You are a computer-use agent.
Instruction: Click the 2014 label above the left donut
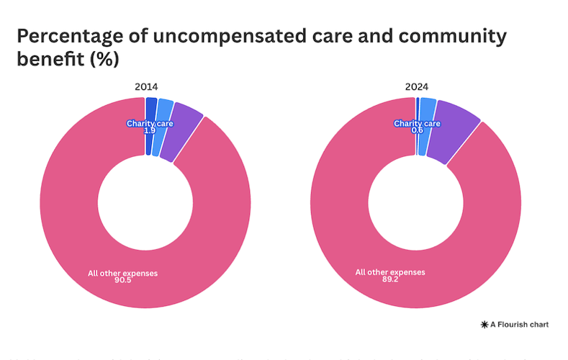click(145, 87)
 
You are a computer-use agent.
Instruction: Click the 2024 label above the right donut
click(416, 87)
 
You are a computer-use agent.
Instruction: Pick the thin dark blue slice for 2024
click(418, 108)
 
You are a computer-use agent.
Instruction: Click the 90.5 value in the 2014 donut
click(122, 281)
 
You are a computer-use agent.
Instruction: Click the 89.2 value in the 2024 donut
click(390, 279)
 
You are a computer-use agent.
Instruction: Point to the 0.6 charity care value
click(417, 130)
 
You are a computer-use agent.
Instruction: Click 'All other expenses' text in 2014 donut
click(122, 273)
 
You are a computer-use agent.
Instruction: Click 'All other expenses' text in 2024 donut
click(390, 272)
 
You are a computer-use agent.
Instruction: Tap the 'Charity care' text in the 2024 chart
click(417, 123)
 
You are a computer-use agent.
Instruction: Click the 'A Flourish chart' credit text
click(519, 325)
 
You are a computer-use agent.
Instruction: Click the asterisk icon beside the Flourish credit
click(484, 325)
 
